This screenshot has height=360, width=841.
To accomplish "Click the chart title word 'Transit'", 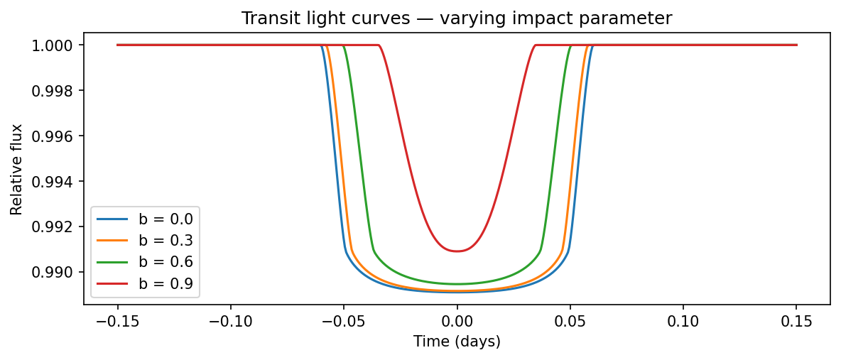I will (x=266, y=18).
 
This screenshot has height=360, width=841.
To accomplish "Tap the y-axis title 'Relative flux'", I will (x=17, y=169).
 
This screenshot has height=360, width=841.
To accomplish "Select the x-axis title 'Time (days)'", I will (x=457, y=342).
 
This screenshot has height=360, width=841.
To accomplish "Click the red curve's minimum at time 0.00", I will (x=457, y=251).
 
